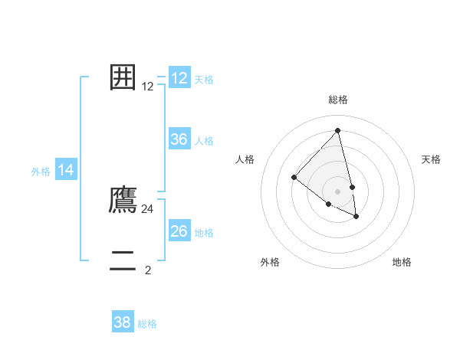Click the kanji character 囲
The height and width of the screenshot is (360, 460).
coord(123,77)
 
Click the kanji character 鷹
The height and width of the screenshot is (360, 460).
coord(123,200)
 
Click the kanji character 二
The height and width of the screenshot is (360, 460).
coord(123,261)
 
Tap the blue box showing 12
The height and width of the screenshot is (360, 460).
coord(179,78)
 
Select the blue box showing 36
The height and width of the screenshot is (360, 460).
coord(179,139)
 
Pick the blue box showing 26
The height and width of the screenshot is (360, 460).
coord(179,231)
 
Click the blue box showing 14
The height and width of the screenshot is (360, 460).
coord(66,171)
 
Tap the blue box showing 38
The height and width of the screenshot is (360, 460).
coord(123,322)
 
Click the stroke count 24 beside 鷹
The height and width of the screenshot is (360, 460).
coord(148,208)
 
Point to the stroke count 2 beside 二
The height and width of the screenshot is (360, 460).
coord(148,270)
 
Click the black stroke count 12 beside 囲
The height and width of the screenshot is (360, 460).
coord(148,87)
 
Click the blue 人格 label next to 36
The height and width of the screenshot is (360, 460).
coord(204,141)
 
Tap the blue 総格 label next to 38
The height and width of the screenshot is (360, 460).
coord(147,324)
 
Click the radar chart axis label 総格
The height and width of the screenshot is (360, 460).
coord(338,100)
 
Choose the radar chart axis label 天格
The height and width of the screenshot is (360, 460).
coord(432,159)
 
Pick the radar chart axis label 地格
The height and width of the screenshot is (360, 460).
coord(402,262)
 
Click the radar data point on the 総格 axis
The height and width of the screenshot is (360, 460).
coord(338,131)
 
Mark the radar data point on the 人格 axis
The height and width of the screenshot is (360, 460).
coord(294,178)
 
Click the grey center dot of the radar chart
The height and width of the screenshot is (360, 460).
coord(338,191)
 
